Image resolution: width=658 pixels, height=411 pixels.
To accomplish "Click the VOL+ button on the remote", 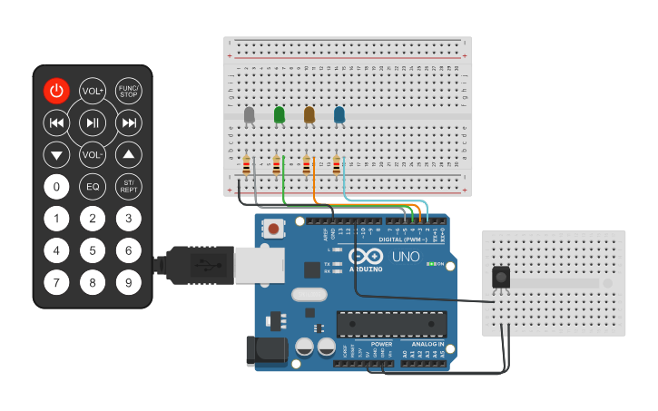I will pos(93,91).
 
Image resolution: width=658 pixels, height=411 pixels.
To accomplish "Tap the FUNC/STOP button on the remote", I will pos(129,91).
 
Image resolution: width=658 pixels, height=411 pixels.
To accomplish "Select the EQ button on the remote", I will pos(93,187).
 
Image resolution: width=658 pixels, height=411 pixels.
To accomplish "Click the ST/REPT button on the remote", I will pos(129,187).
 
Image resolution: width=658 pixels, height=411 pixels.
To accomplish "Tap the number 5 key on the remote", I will pos(93,250).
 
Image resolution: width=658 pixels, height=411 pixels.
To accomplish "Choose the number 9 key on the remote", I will pos(129,283).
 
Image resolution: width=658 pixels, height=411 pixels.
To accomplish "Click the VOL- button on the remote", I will pos(93,155).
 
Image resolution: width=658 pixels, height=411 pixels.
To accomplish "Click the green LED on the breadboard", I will pos(280,114).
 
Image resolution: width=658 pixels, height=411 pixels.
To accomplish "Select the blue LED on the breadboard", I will pos(339,114).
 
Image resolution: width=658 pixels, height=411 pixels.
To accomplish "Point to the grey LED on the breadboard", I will pos(250,114).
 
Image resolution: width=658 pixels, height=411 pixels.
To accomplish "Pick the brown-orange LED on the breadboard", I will pos(309,114).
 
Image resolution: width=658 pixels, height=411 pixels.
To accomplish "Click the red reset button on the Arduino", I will pos(272,229).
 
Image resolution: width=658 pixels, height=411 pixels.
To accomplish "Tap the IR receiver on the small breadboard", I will pos(499,278).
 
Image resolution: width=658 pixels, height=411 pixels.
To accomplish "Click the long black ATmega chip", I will pos(391,323).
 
